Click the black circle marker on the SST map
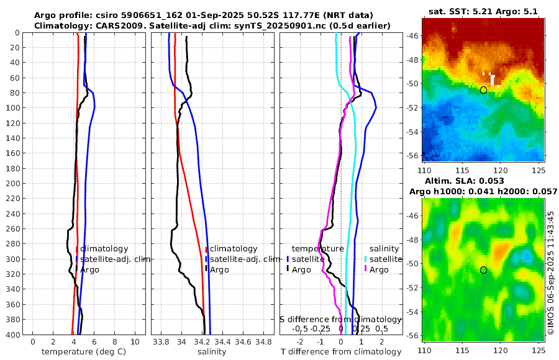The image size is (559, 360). point(483,90)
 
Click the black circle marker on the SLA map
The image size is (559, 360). point(483,270)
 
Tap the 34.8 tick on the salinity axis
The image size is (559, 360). point(264,342)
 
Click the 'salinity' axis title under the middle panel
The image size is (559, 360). point(211,352)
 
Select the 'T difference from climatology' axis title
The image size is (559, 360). point(340,352)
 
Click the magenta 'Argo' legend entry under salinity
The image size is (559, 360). point(376,269)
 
